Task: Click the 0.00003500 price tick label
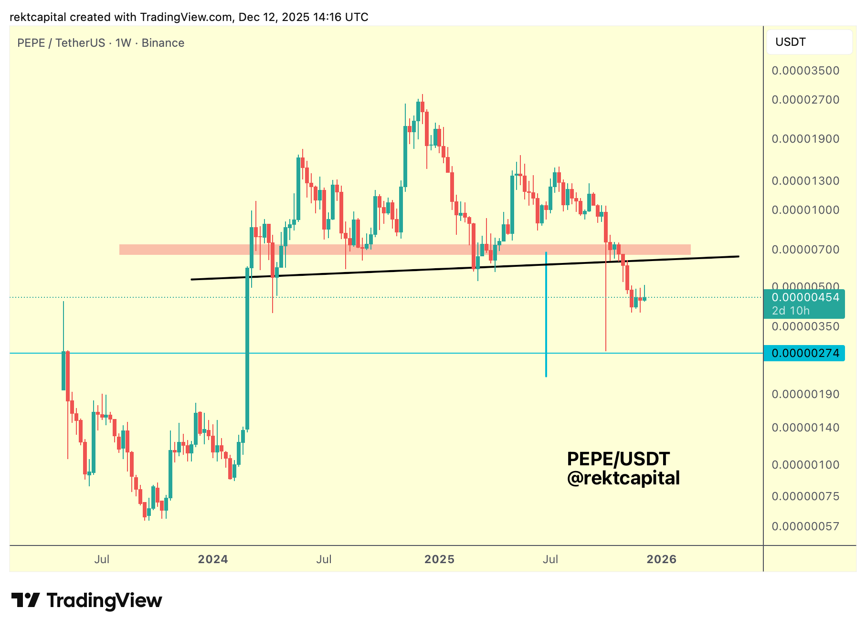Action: pos(805,71)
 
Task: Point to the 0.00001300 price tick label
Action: pos(805,181)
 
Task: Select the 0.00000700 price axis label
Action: pos(805,250)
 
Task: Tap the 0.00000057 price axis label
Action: pos(805,526)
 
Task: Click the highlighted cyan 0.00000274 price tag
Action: pos(804,353)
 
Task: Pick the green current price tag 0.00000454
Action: pos(804,298)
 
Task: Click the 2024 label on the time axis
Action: pos(213,559)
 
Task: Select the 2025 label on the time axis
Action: pos(439,559)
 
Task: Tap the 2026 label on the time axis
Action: pos(661,559)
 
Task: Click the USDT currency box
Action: pos(809,42)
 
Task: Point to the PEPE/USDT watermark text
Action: pos(618,459)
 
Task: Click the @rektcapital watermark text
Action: pos(623,478)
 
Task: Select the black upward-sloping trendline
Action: pos(382,272)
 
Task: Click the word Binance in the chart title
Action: pos(163,43)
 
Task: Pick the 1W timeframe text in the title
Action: pos(123,43)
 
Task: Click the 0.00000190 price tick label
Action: pos(805,394)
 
